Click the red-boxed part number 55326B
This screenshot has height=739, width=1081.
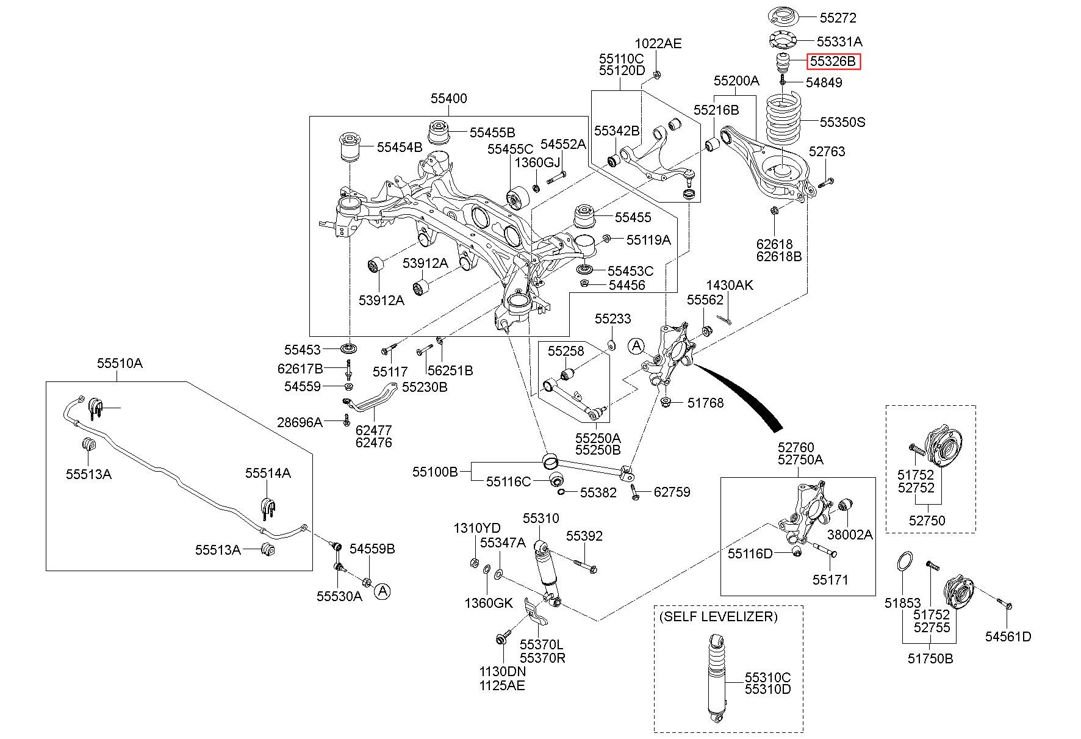[x=834, y=62]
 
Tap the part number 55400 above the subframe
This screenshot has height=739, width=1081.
[x=448, y=98]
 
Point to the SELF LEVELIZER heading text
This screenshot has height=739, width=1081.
[x=719, y=616]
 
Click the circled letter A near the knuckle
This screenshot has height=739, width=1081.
[x=636, y=346]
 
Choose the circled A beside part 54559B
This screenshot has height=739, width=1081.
[x=382, y=591]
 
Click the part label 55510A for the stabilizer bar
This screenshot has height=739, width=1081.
[x=120, y=363]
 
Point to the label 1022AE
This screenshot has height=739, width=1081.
[x=658, y=43]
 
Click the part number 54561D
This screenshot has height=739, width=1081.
[x=1008, y=636]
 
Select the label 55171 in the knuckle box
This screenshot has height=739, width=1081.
[x=830, y=579]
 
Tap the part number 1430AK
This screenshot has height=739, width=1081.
[x=730, y=285]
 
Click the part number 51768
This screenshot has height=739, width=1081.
[x=705, y=403]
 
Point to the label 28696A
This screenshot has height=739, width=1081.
[x=300, y=422]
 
